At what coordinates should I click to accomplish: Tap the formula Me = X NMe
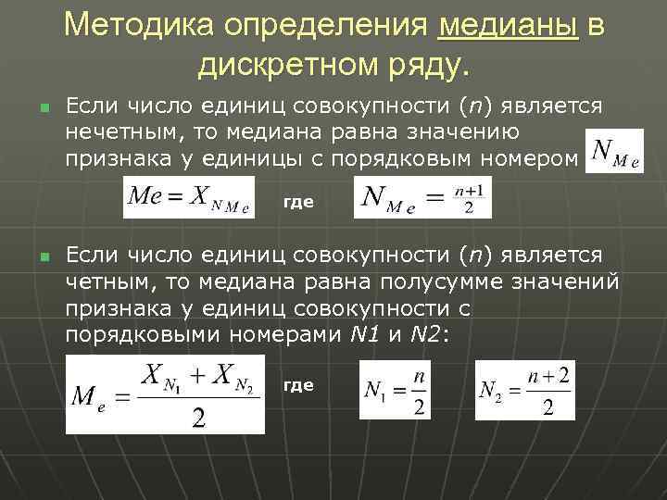pyautogui.click(x=188, y=197)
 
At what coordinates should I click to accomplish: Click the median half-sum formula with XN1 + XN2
pyautogui.click(x=165, y=394)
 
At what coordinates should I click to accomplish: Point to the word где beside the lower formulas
pyautogui.click(x=297, y=384)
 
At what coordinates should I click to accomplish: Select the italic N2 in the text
pyautogui.click(x=430, y=335)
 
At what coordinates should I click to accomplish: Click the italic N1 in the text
pyautogui.click(x=365, y=335)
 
